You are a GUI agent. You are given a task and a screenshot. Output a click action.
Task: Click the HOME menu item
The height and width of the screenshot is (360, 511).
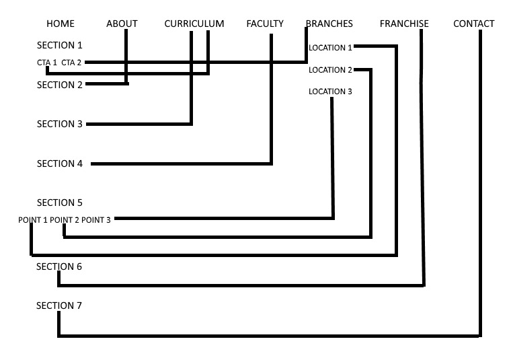click(x=61, y=24)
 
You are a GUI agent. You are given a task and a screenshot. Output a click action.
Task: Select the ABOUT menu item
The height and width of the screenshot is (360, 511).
click(x=122, y=24)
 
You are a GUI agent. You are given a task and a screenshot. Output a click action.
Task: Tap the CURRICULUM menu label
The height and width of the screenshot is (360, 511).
click(x=194, y=24)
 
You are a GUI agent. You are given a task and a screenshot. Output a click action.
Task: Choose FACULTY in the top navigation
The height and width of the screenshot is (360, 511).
click(x=265, y=24)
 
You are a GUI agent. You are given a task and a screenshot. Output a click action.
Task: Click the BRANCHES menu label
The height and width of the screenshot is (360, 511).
click(x=329, y=24)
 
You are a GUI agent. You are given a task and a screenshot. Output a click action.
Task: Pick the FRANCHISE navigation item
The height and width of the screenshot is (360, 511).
click(x=404, y=24)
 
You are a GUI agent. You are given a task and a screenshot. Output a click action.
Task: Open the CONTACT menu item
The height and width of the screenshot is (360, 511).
click(x=474, y=24)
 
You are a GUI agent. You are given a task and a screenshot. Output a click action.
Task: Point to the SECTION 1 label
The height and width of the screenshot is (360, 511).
click(x=59, y=46)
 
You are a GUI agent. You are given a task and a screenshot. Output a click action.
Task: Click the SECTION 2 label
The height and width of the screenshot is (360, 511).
click(x=59, y=85)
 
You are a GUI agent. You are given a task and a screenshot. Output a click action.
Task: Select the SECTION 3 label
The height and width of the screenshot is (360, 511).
click(x=59, y=124)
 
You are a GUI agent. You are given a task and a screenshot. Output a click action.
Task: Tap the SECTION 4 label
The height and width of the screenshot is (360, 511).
click(x=59, y=164)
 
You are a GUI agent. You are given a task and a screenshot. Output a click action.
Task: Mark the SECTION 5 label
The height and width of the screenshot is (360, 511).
click(x=59, y=203)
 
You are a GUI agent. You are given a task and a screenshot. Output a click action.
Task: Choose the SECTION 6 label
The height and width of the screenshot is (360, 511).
click(x=59, y=266)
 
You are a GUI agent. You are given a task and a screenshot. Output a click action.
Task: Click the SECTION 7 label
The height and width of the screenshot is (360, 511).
click(x=59, y=305)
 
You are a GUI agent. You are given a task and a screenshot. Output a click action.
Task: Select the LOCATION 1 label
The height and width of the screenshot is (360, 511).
click(x=330, y=48)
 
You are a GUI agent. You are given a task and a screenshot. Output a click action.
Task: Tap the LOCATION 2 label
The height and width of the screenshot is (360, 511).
click(x=330, y=70)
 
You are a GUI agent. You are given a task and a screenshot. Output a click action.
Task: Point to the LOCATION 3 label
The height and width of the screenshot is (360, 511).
click(x=330, y=92)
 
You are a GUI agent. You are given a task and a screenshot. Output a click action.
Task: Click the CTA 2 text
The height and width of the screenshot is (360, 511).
click(x=71, y=63)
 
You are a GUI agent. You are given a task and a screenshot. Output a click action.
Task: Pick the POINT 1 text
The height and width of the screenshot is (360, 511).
click(x=33, y=219)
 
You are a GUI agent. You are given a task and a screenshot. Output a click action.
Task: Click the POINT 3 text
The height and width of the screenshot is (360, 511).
click(x=96, y=219)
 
